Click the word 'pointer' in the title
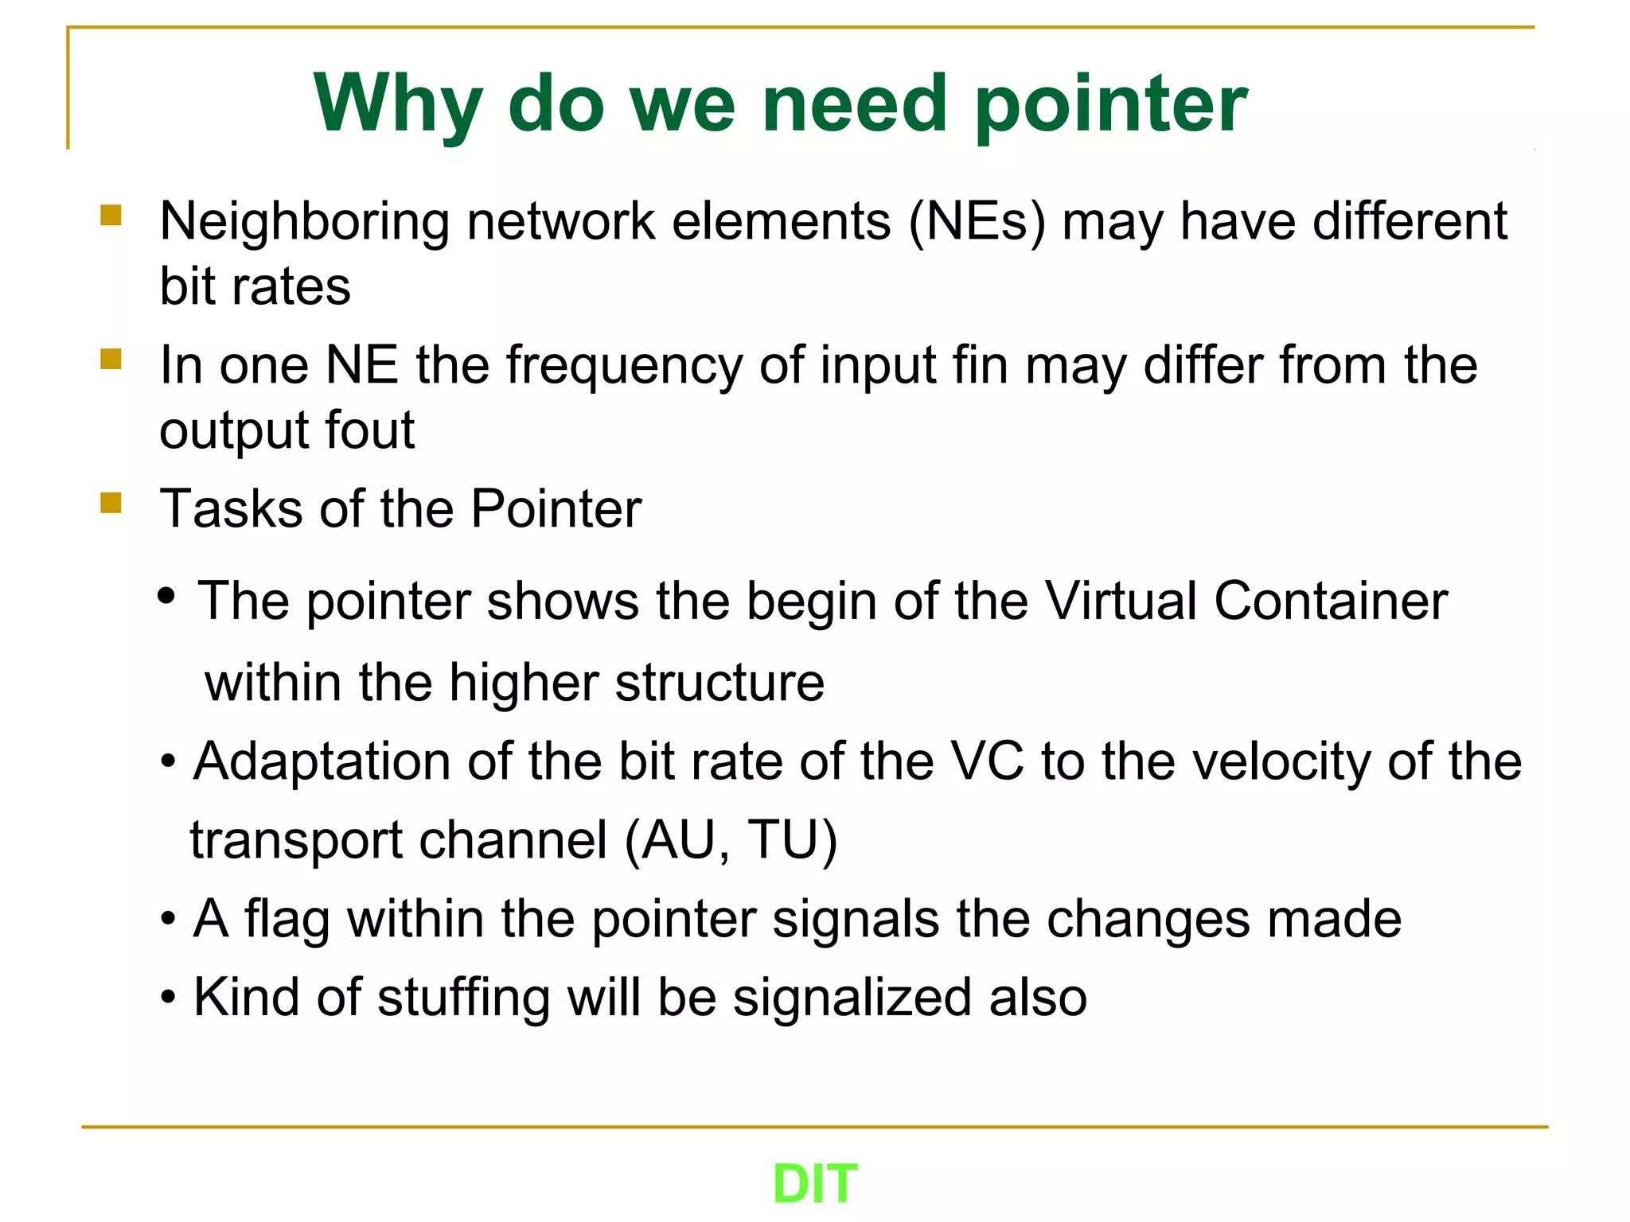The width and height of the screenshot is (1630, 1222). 1111,105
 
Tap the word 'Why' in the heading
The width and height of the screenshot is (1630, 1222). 398,105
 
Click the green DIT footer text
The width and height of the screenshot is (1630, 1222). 815,1184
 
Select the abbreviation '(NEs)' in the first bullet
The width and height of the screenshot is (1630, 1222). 977,221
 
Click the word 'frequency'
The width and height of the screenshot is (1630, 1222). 624,366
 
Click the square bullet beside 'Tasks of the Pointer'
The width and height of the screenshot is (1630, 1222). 111,503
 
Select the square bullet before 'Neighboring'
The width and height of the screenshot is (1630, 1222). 111,215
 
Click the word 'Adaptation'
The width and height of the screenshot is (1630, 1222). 322,762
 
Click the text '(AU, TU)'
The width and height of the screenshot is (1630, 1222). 731,840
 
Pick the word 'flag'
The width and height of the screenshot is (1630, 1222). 287,919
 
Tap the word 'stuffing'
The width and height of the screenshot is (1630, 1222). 463,998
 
